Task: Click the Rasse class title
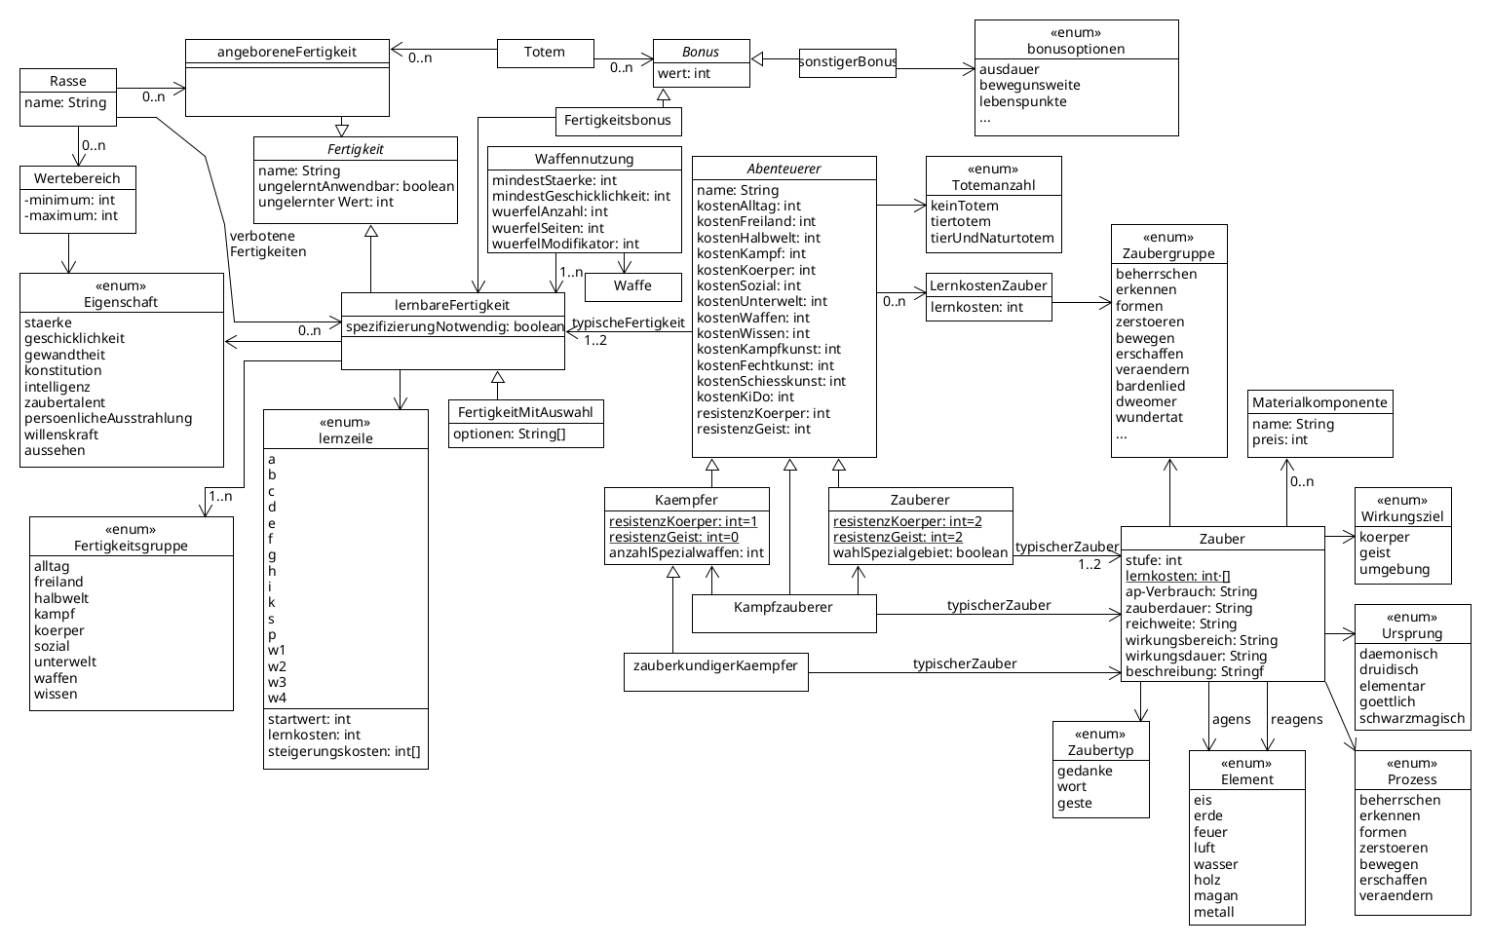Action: pyautogui.click(x=68, y=81)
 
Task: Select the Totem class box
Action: pyautogui.click(x=545, y=54)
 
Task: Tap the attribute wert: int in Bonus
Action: pyautogui.click(x=683, y=73)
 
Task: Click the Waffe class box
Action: pyautogui.click(x=633, y=286)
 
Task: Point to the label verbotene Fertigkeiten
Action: pyautogui.click(x=268, y=244)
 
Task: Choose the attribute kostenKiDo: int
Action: pyautogui.click(x=745, y=397)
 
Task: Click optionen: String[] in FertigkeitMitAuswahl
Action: pyautogui.click(x=510, y=434)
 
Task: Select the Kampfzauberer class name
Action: pyautogui.click(x=784, y=607)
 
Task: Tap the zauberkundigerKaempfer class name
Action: pyautogui.click(x=715, y=665)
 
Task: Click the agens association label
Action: pyautogui.click(x=1232, y=719)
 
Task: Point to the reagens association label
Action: pyautogui.click(x=1297, y=719)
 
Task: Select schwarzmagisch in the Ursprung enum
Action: pyautogui.click(x=1412, y=718)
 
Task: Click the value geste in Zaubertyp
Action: pyautogui.click(x=1074, y=803)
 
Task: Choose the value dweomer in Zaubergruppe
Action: pyautogui.click(x=1146, y=401)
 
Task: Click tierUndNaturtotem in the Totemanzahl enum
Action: pyautogui.click(x=992, y=238)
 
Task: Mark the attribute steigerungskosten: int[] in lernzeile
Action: pyautogui.click(x=344, y=751)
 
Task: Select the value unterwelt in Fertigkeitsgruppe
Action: pyautogui.click(x=65, y=661)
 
